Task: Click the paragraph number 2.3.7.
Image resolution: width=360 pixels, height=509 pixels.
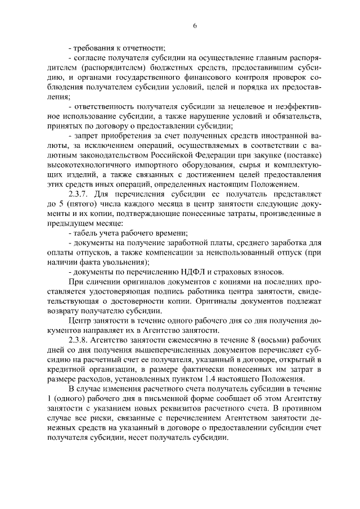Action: click(x=79, y=194)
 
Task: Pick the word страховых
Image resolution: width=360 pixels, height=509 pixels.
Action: click(x=217, y=272)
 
